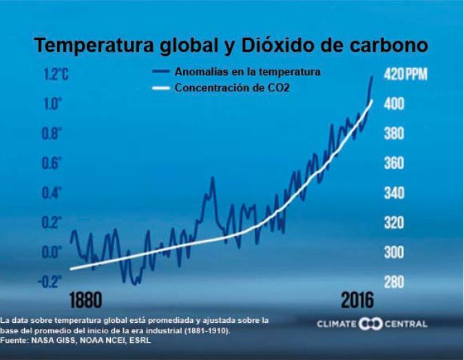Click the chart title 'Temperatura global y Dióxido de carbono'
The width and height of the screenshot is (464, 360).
[x=231, y=45]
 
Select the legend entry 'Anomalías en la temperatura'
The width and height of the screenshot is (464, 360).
[x=247, y=71]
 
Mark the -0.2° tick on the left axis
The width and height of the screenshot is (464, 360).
[x=50, y=281]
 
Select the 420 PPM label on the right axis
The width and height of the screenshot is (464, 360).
[x=405, y=74]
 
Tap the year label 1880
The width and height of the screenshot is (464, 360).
[x=86, y=301]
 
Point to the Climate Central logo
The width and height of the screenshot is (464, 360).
[x=372, y=324]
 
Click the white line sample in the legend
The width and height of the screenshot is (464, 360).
[x=160, y=88]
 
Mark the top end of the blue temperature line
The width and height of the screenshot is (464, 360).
[x=372, y=77]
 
